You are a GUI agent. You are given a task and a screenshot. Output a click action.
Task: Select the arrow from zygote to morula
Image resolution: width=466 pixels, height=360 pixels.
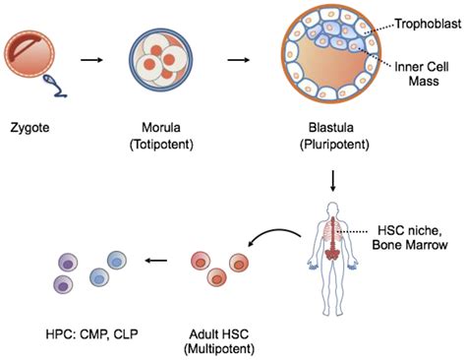91,61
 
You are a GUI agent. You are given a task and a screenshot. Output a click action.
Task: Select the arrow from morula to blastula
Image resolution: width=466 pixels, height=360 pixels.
237,61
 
